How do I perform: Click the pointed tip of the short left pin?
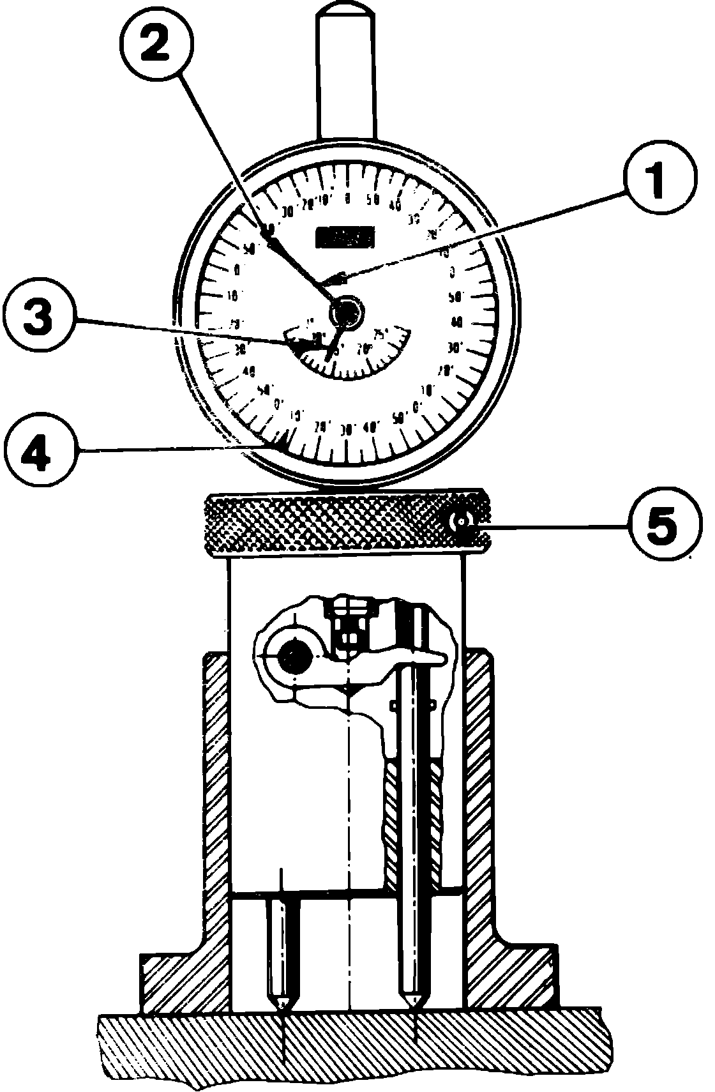pyautogui.click(x=282, y=1007)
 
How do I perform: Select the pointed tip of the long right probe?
pyautogui.click(x=414, y=1007)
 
